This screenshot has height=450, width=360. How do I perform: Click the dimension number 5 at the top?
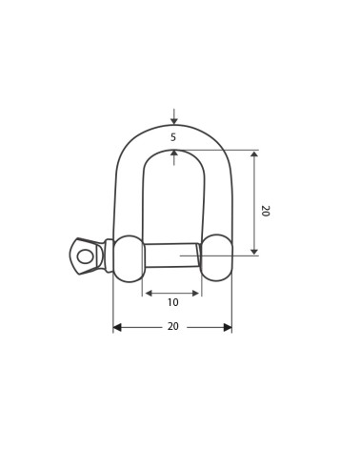173,137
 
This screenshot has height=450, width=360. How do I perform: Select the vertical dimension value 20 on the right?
264,211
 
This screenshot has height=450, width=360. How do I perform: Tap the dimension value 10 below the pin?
172,302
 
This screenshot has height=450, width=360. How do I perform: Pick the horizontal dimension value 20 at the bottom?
172,327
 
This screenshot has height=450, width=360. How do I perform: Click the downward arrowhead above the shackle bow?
173,121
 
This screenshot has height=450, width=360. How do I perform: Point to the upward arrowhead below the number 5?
173,153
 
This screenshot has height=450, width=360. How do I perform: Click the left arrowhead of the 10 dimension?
147,294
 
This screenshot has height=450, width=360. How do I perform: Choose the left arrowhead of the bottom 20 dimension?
117,327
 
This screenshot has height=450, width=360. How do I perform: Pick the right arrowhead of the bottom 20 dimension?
228,327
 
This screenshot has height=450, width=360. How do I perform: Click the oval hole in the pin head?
85,256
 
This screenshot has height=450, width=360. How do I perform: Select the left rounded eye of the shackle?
129,258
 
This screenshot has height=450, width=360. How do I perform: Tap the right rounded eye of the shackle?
217,257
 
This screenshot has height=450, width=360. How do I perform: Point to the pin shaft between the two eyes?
171,256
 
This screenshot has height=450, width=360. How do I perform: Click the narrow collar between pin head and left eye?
109,256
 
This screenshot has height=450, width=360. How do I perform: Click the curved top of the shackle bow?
173,130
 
